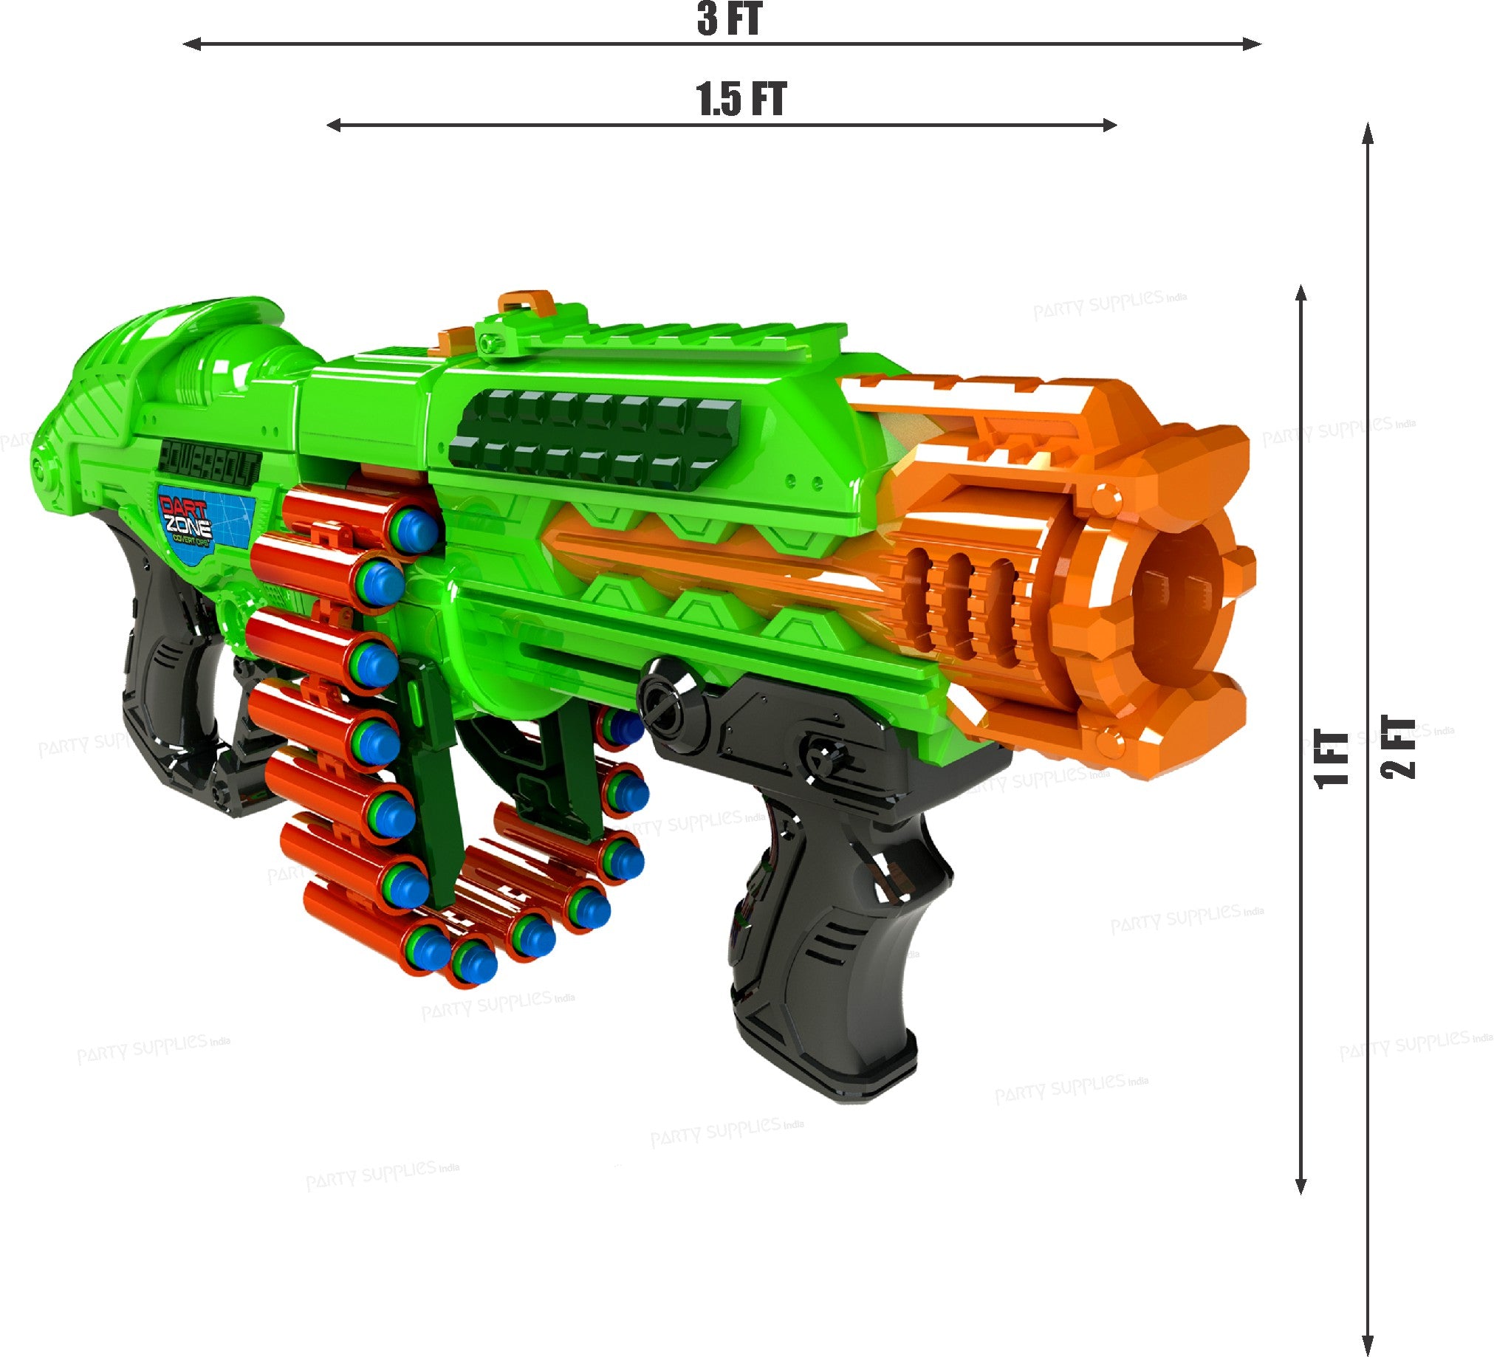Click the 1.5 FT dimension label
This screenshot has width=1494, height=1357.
pyautogui.click(x=740, y=99)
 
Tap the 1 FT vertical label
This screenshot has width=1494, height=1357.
pyautogui.click(x=1332, y=759)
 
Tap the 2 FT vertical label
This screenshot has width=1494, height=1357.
pyautogui.click(x=1399, y=747)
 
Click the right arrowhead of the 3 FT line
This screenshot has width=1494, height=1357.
pyautogui.click(x=1254, y=44)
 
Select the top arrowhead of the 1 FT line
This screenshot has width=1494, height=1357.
pyautogui.click(x=1301, y=292)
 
